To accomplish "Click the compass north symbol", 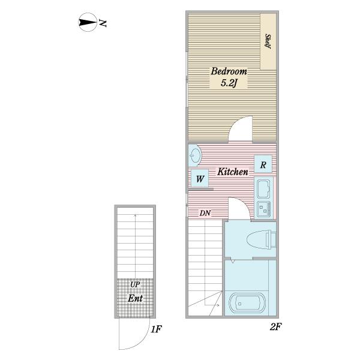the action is [x=88, y=22].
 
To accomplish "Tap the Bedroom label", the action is [x=229, y=71].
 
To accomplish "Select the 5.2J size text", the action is [x=229, y=83].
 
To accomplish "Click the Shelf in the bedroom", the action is [x=268, y=41].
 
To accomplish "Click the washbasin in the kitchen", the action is [x=195, y=155].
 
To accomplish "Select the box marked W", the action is [x=200, y=178].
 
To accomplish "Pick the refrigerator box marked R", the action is [x=263, y=164].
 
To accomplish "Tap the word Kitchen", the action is [x=233, y=172].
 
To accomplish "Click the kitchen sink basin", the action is [x=263, y=188].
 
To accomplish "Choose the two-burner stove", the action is [x=264, y=209].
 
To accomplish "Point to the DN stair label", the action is [x=205, y=213].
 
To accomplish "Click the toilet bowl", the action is [x=261, y=239].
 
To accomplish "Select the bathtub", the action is [x=247, y=304].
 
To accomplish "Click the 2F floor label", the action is [x=275, y=327].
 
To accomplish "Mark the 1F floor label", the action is [x=157, y=329].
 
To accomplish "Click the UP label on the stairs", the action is [x=135, y=284].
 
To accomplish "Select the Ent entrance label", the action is [x=135, y=298].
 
